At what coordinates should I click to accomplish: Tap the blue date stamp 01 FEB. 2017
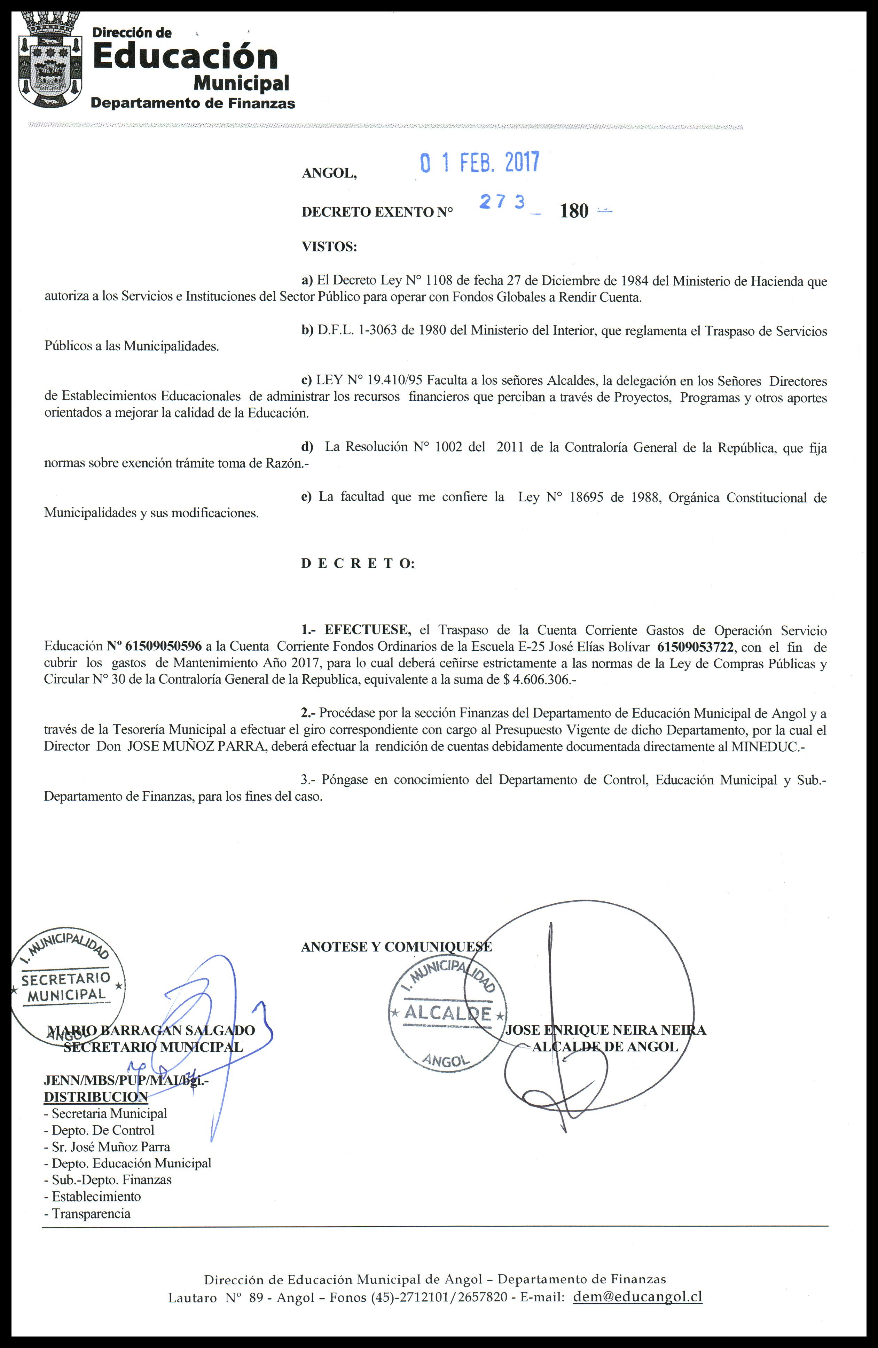click(x=479, y=163)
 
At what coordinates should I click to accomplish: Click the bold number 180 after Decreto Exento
click(x=574, y=211)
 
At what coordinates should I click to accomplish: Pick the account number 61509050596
click(x=163, y=646)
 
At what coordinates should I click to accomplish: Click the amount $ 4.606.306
click(x=537, y=679)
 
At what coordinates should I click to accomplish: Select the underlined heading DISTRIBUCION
click(x=96, y=1097)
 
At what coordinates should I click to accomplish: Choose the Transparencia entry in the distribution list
click(x=91, y=1213)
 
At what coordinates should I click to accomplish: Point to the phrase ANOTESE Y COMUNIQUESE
click(x=396, y=947)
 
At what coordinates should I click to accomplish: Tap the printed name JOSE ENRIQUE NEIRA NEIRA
click(x=605, y=1030)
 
